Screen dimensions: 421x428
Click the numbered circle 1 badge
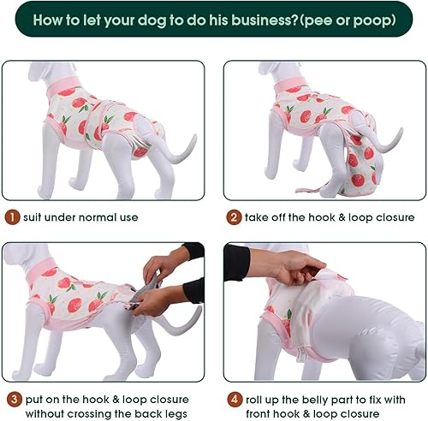[x=10, y=217]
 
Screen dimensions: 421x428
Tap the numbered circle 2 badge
[x=233, y=217]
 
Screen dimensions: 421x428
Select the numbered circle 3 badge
[x=10, y=399]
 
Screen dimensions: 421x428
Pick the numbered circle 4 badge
[x=233, y=399]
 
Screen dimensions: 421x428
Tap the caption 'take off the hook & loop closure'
[x=330, y=217]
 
